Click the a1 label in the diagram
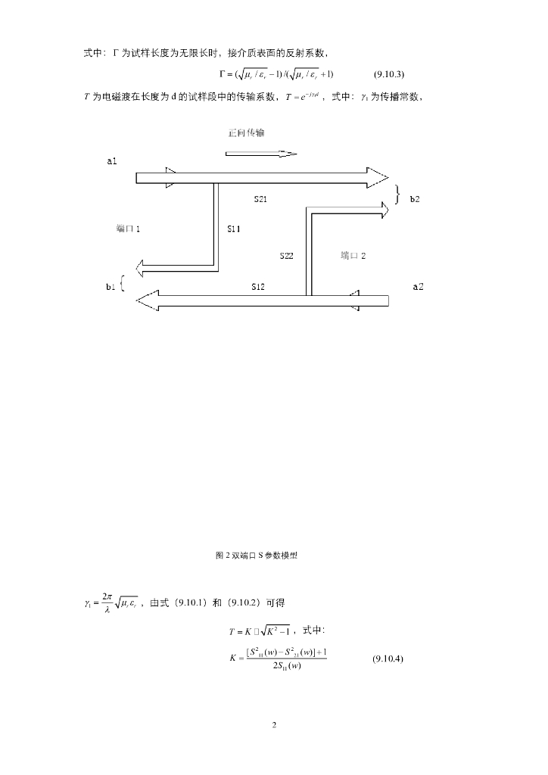[112, 162]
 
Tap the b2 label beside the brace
[415, 199]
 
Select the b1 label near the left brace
[111, 286]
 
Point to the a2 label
[418, 286]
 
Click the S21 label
[260, 199]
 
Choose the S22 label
[286, 256]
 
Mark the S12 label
[259, 286]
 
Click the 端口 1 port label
[128, 229]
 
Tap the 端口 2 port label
[353, 256]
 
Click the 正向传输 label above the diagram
[246, 132]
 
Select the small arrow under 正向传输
[261, 154]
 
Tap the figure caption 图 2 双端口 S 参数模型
[257, 555]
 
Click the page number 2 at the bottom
[274, 725]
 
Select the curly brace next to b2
[397, 194]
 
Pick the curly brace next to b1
[123, 287]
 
